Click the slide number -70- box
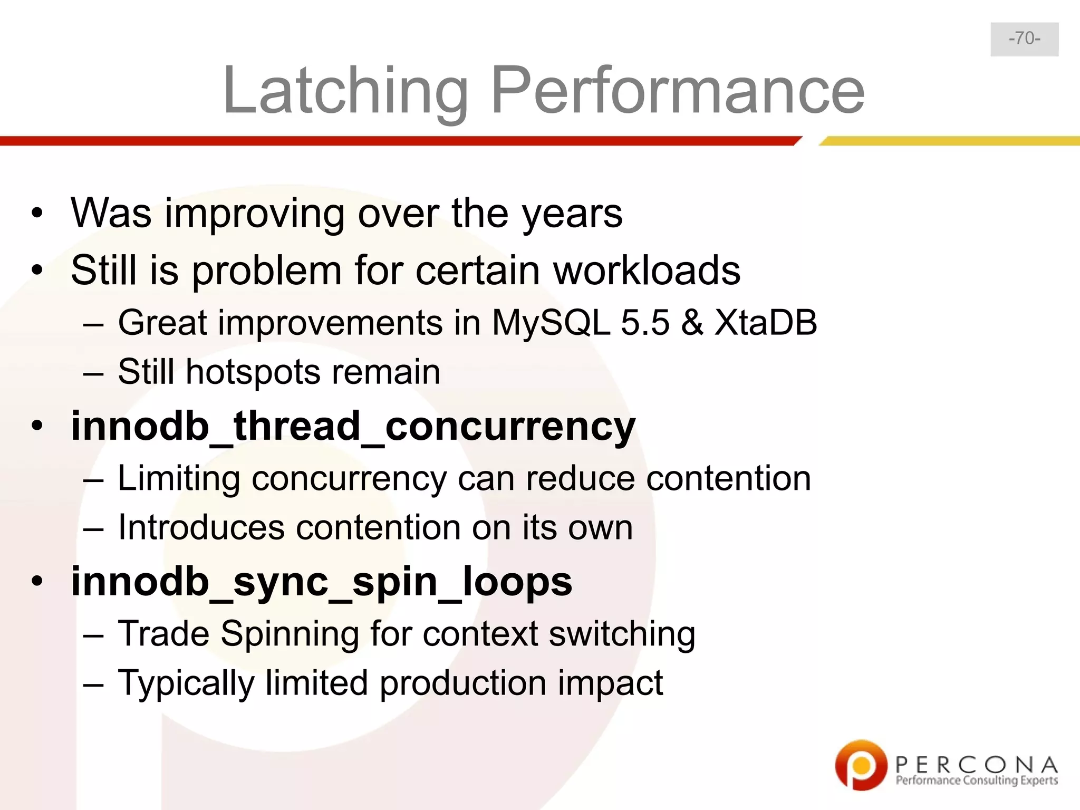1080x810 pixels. [x=1024, y=39]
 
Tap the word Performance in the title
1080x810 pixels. [x=678, y=91]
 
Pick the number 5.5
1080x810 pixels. [x=645, y=322]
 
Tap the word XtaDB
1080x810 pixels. [x=765, y=322]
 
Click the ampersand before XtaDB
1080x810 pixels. [x=692, y=322]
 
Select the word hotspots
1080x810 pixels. [x=253, y=372]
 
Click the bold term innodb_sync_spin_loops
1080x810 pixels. [x=322, y=582]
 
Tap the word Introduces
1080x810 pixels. [x=201, y=527]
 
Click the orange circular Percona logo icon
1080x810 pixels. [x=861, y=765]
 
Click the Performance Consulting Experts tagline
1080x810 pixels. [x=977, y=781]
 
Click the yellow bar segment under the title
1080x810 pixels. [x=949, y=141]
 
